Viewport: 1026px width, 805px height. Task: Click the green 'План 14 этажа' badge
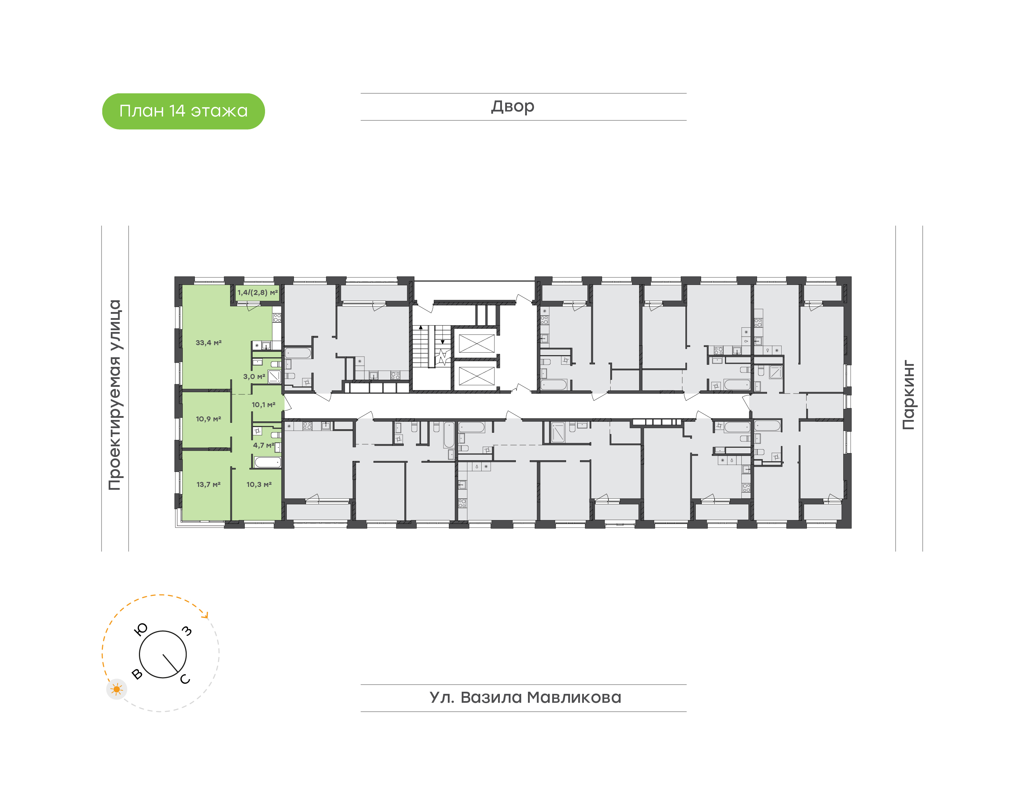click(183, 111)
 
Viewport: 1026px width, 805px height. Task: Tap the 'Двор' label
click(513, 107)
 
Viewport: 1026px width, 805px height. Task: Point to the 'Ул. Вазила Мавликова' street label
click(525, 697)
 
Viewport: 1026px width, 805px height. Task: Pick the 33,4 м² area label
click(208, 343)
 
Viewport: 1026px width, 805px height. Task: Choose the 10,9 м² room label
click(208, 419)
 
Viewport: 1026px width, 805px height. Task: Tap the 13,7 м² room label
click(208, 484)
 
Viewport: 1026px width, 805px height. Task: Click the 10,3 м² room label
click(259, 484)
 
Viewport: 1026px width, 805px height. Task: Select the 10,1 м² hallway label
click(264, 404)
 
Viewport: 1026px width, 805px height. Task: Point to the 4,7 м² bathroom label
click(264, 445)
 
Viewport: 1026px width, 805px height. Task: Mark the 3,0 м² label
click(254, 376)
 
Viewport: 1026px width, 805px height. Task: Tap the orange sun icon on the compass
click(116, 690)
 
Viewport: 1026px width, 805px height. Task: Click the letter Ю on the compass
click(141, 629)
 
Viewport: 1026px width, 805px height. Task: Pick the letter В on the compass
click(137, 674)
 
